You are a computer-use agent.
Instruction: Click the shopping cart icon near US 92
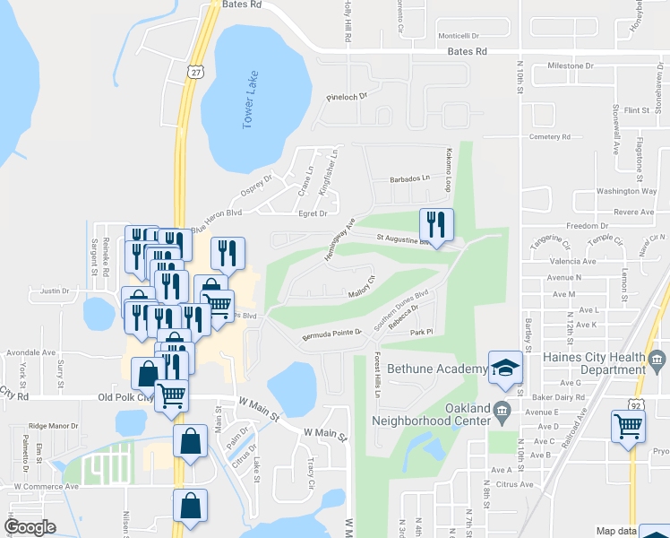(x=628, y=426)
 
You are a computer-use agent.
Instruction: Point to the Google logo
(x=30, y=527)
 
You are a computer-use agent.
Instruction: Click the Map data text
(x=618, y=531)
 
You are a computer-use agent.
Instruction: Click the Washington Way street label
(x=626, y=191)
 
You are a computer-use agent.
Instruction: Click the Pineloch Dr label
(x=348, y=96)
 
